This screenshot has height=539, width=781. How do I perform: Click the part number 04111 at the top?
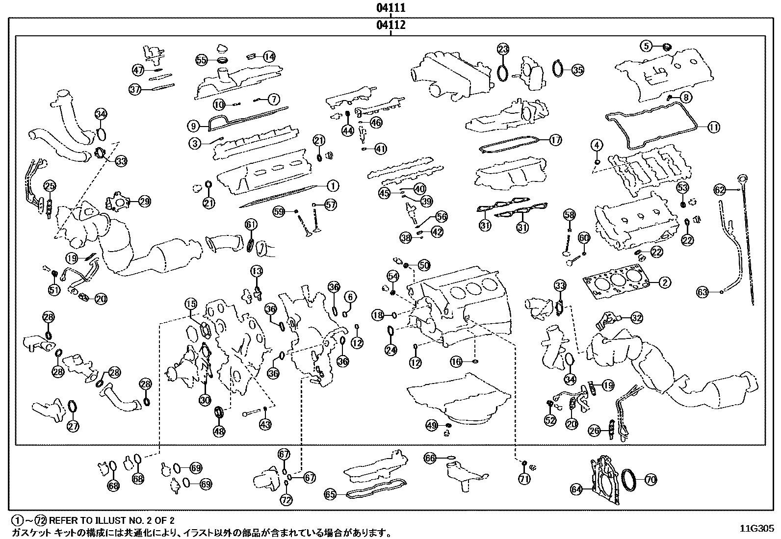click(390, 8)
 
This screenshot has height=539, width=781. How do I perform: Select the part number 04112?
click(390, 25)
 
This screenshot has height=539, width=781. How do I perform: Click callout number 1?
click(332, 186)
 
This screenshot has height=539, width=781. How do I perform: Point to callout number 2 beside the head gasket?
click(665, 282)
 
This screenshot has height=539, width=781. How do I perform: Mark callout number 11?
click(713, 128)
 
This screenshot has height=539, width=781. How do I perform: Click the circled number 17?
click(555, 140)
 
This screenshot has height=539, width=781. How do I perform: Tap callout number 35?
click(578, 70)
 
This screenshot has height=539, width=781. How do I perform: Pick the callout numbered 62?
click(720, 189)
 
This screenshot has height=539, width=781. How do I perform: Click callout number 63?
click(703, 293)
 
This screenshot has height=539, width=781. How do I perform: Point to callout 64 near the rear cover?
click(576, 489)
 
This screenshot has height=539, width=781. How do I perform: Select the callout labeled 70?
click(650, 479)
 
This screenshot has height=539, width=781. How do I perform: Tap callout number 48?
click(219, 431)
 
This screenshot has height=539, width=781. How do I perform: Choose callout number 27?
click(73, 426)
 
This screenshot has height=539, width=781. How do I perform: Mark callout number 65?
click(330, 494)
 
